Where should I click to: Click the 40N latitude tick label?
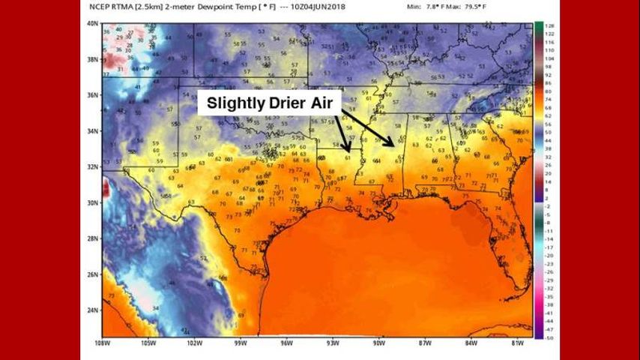pos(94,23)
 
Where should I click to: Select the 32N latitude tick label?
pos(94,166)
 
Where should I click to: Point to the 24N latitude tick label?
pos(94,310)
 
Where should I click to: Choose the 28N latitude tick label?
pos(94,238)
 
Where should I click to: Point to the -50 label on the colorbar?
pos(549,337)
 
